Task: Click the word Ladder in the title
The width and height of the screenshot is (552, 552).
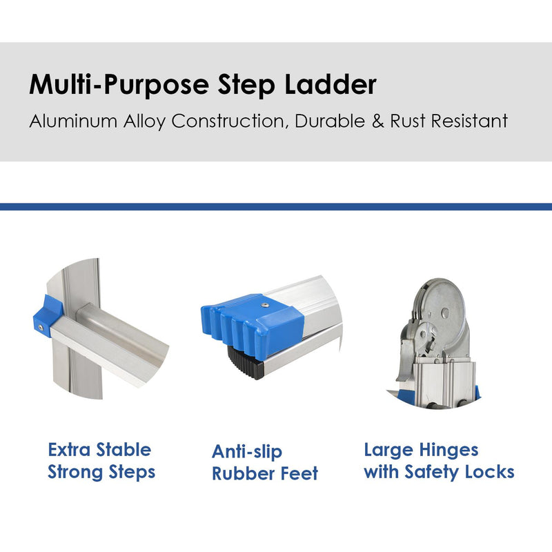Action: tap(331, 84)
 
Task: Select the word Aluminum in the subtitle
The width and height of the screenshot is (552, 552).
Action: tap(73, 121)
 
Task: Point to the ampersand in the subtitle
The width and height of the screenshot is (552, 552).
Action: tap(377, 121)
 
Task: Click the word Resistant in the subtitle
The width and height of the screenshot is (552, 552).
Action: tap(470, 121)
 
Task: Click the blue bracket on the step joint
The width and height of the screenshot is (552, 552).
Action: tap(48, 316)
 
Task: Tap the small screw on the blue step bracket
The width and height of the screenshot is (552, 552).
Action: tap(41, 328)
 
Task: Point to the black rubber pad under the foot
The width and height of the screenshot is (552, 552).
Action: tap(246, 363)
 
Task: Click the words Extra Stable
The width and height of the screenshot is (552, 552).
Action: tap(99, 450)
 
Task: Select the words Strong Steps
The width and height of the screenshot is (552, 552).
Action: tap(101, 472)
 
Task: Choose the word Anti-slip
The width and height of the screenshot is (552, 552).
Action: tap(247, 452)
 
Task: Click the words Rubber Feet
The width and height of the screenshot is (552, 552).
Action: tap(265, 473)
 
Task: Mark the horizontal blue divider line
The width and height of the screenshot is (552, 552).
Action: tap(276, 206)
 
